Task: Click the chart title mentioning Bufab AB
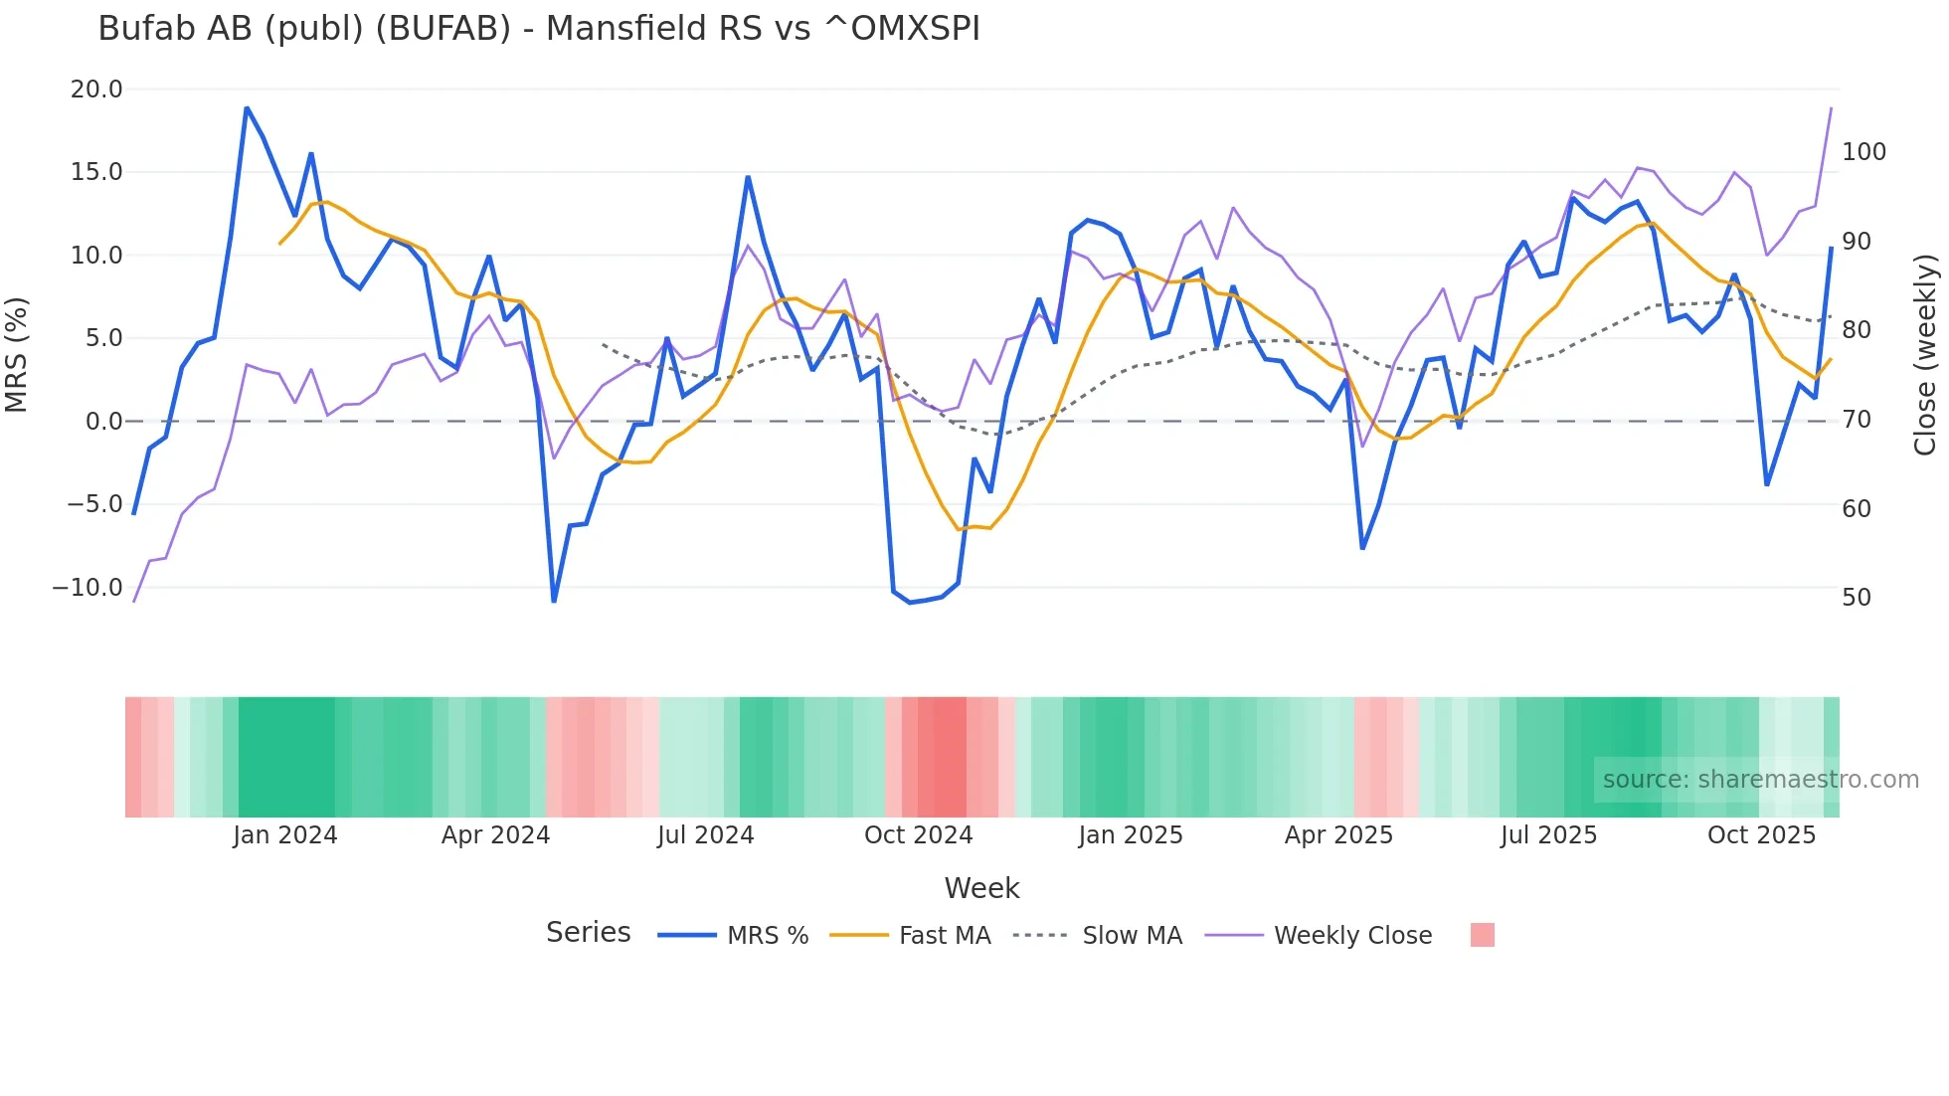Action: tap(538, 29)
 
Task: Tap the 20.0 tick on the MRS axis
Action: tap(96, 90)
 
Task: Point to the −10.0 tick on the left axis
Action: tap(88, 588)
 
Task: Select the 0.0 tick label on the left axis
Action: tap(103, 422)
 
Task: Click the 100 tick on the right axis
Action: tap(1863, 152)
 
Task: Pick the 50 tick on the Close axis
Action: tap(1857, 598)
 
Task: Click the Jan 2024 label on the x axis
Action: tap(285, 835)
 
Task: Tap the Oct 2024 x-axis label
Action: tap(918, 835)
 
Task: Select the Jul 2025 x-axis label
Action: tap(1548, 835)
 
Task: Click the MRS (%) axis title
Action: tap(17, 354)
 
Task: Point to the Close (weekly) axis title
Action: tap(1926, 354)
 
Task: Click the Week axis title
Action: tap(981, 888)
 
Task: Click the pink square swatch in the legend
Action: tap(1482, 935)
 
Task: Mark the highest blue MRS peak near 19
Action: tap(247, 108)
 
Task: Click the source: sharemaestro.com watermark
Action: tap(1760, 780)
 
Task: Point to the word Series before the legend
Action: tap(588, 933)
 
